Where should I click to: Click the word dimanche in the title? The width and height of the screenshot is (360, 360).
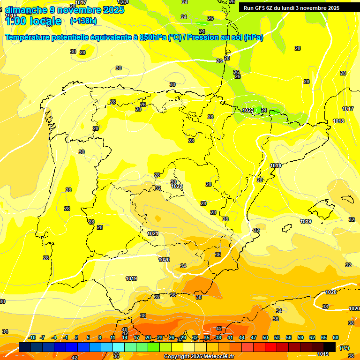(x=26, y=10)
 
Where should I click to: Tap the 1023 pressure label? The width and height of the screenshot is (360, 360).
(x=248, y=110)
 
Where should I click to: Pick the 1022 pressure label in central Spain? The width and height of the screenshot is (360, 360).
(x=177, y=186)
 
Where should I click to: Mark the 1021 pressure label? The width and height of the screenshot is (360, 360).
(x=153, y=233)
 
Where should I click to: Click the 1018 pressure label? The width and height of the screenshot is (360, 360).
(x=338, y=121)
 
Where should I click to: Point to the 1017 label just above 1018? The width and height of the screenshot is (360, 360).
(x=347, y=109)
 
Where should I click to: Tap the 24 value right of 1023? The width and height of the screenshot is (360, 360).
(x=264, y=110)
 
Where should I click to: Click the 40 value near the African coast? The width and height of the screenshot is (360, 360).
(x=125, y=330)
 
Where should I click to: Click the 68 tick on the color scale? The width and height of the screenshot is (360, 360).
(x=336, y=337)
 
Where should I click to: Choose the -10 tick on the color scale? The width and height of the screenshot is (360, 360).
(x=32, y=337)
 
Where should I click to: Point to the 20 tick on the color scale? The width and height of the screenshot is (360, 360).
(x=148, y=337)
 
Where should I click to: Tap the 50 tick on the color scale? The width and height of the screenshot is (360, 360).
(x=265, y=337)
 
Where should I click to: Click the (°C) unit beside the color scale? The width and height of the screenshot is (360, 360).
(x=344, y=347)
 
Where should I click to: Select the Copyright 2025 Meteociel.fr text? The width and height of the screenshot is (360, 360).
(x=199, y=357)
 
